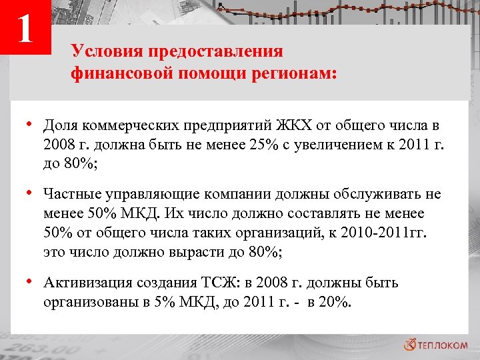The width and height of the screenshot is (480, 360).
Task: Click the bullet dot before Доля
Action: pos(31,124)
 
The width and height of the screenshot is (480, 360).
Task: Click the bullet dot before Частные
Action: pos(31,193)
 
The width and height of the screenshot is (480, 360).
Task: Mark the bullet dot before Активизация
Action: pos(31,282)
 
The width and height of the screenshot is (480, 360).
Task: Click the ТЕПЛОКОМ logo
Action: pos(436,344)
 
